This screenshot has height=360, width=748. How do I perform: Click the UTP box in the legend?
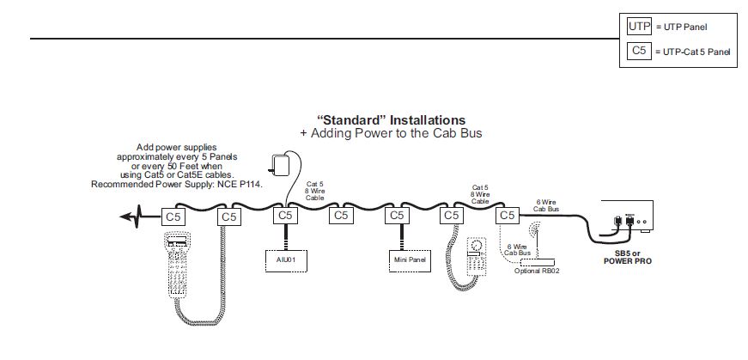tap(640, 27)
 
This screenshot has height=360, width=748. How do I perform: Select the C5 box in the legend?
tap(640, 52)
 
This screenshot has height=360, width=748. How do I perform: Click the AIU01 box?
tap(283, 259)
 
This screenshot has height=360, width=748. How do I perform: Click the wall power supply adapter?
tap(279, 164)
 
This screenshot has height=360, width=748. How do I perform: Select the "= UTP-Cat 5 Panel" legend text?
tap(693, 52)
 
